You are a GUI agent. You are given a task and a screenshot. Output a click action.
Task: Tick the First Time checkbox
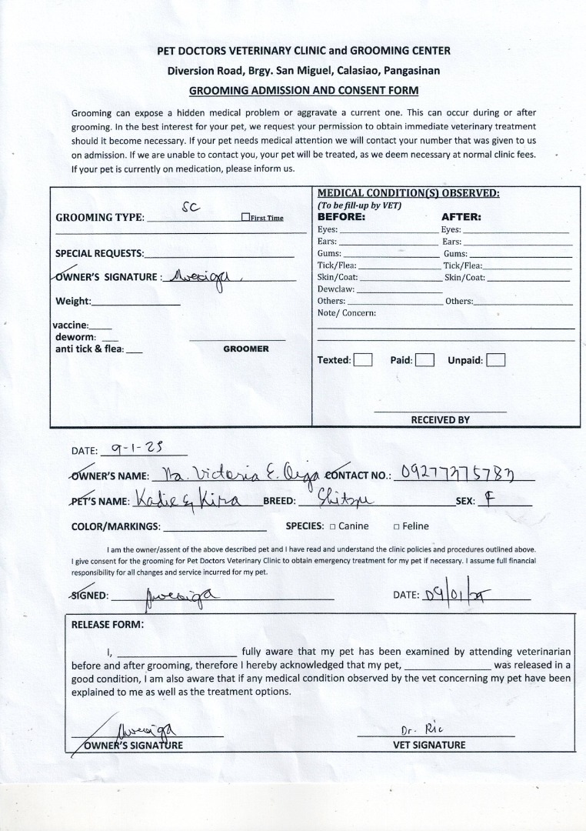245,218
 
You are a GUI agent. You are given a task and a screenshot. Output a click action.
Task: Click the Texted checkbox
363,360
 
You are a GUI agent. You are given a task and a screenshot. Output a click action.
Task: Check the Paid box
425,360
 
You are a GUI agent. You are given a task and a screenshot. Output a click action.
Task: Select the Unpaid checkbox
496,360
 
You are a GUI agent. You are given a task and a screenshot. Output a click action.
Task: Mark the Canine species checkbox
332,527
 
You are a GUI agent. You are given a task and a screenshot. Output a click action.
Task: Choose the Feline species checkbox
397,527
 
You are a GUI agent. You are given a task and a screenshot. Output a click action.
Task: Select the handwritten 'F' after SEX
489,499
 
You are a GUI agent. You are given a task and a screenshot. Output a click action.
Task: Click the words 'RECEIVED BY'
440,420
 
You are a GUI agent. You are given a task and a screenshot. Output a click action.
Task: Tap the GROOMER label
246,349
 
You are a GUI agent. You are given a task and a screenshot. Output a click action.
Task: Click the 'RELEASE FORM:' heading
108,624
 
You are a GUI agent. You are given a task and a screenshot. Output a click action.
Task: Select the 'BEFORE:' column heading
341,217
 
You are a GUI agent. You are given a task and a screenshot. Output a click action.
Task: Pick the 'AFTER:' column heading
461,217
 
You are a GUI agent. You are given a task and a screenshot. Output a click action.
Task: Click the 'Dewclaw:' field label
335,289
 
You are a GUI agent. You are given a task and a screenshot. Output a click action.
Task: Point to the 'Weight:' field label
73,301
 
